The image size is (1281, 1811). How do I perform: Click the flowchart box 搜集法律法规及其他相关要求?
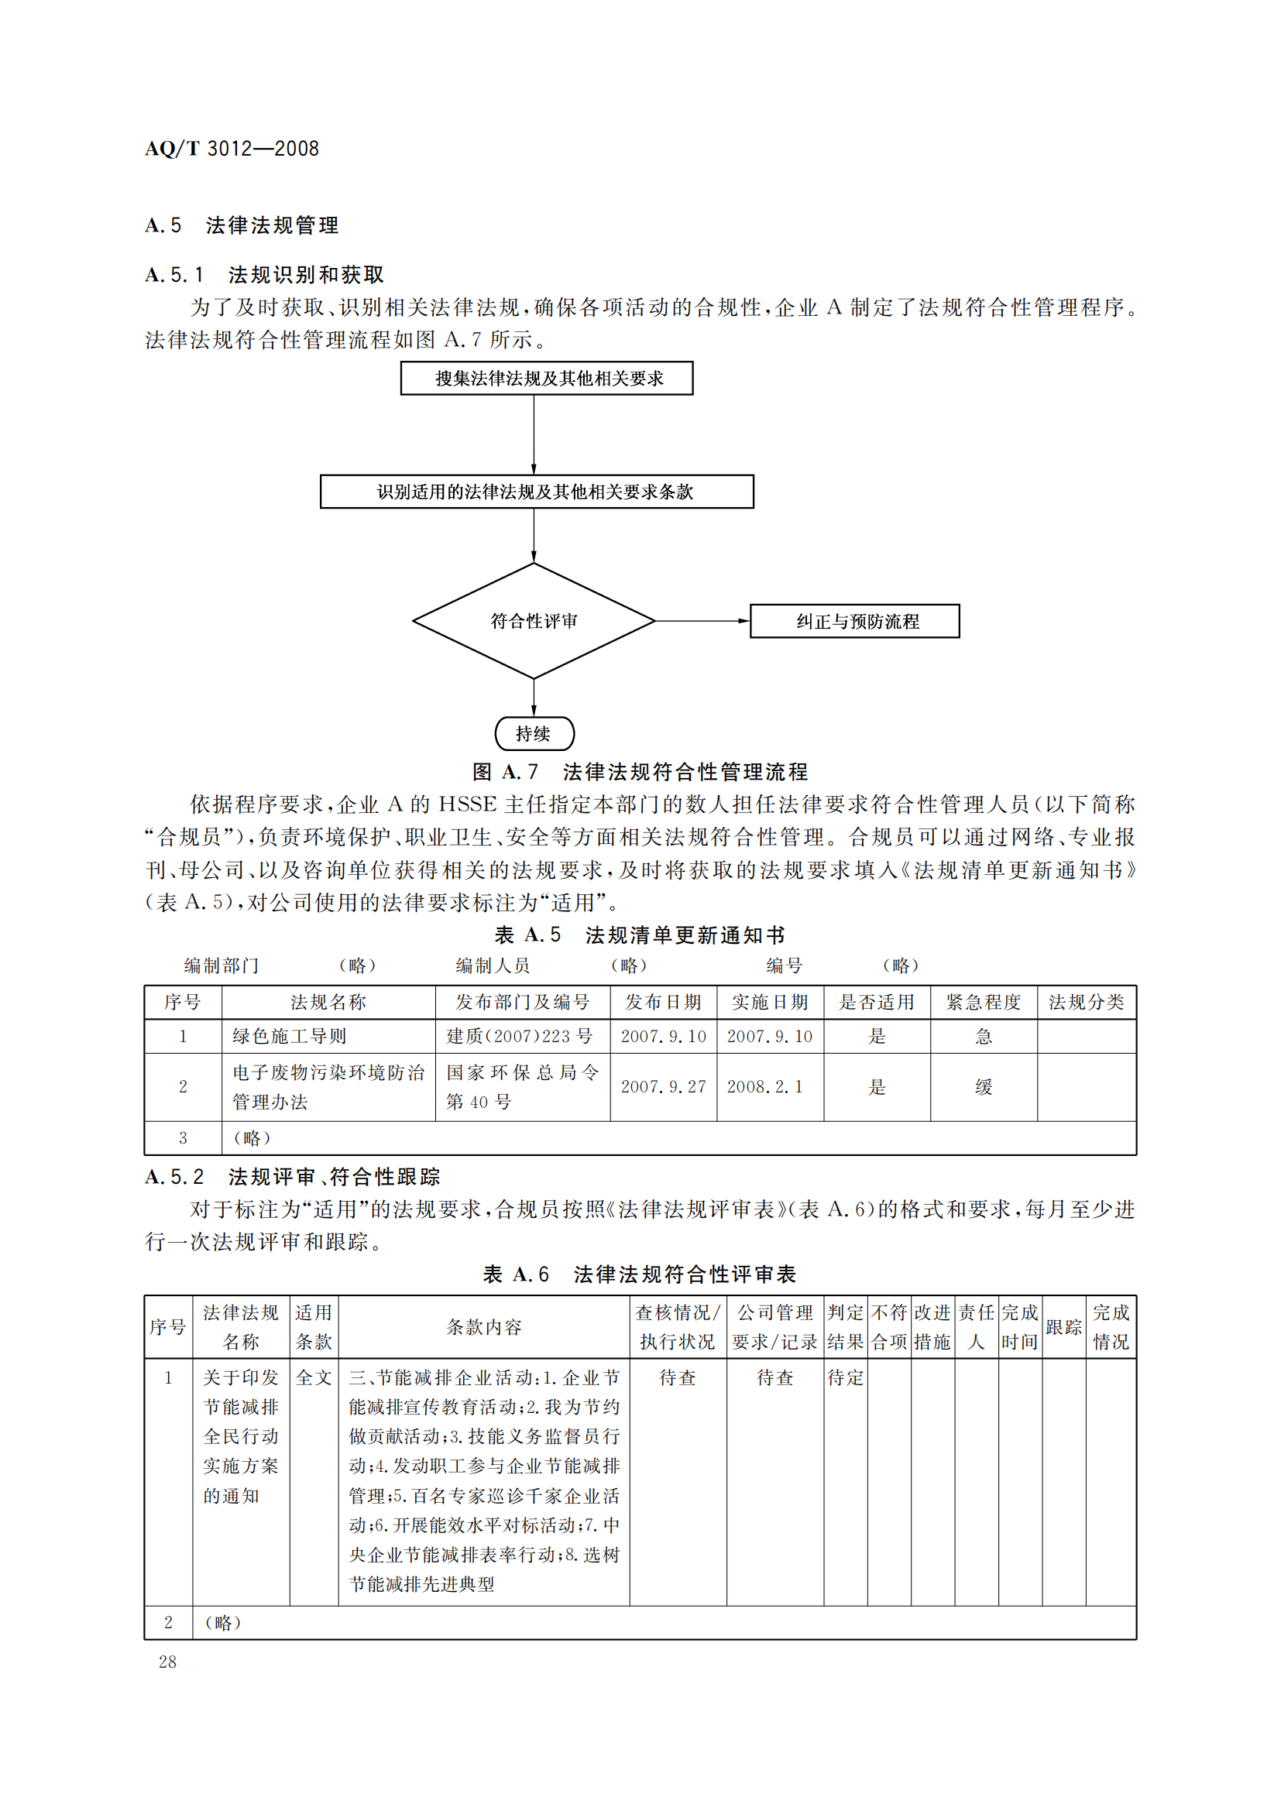pyautogui.click(x=547, y=378)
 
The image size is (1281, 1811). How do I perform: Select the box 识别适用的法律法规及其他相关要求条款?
pyautogui.click(x=537, y=492)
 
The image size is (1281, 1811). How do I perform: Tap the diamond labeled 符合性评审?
pyautogui.click(x=534, y=621)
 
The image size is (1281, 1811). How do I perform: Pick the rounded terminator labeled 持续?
pyautogui.click(x=534, y=733)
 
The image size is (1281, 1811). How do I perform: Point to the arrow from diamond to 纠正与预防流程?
pyautogui.click(x=702, y=621)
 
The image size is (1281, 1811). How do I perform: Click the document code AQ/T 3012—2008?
pyautogui.click(x=232, y=149)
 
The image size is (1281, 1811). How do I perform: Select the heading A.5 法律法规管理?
pyautogui.click(x=242, y=225)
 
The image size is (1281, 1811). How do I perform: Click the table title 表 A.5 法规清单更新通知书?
pyautogui.click(x=640, y=935)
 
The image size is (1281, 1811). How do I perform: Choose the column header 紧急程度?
pyautogui.click(x=983, y=1002)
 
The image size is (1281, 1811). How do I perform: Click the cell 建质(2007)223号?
pyautogui.click(x=520, y=1036)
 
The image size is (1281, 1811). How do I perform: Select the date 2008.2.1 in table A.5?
pyautogui.click(x=765, y=1086)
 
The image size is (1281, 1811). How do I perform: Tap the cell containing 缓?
pyautogui.click(x=983, y=1087)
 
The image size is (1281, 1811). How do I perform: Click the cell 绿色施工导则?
pyautogui.click(x=290, y=1036)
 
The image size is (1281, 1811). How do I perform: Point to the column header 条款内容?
pyautogui.click(x=483, y=1327)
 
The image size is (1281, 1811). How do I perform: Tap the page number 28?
pyautogui.click(x=167, y=1661)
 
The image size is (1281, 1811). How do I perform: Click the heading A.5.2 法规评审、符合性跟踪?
pyautogui.click(x=293, y=1177)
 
